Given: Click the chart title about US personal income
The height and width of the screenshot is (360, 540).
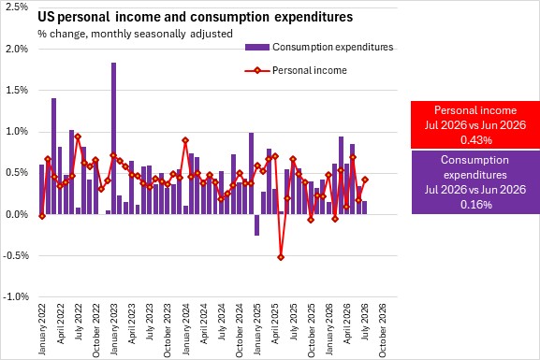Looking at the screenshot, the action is click(196, 17).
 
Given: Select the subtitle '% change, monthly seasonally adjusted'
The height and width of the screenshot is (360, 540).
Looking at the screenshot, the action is click(135, 34).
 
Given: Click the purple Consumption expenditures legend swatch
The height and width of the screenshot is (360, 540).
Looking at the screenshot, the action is click(257, 47).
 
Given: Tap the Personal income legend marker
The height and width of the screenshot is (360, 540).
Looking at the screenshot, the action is click(257, 71).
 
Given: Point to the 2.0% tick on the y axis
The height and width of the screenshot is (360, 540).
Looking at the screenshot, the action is click(17, 49).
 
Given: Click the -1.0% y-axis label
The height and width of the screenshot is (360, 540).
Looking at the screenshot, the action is click(16, 296).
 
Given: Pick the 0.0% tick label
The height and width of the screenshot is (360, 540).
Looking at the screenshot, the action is click(17, 214).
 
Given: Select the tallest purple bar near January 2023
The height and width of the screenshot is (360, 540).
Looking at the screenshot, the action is click(113, 138).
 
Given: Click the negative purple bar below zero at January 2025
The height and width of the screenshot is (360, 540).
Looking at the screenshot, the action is click(257, 224).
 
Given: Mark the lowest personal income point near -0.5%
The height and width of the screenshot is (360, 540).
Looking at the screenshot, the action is click(281, 257).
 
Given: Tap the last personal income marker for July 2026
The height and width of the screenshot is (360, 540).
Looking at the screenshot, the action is click(365, 180).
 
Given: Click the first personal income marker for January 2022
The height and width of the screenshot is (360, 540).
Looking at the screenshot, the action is click(42, 216).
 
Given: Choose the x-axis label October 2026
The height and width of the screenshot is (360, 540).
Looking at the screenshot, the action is click(382, 330).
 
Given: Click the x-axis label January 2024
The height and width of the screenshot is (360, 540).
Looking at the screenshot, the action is click(186, 329).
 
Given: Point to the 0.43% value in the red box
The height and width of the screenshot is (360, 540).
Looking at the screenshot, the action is click(476, 140).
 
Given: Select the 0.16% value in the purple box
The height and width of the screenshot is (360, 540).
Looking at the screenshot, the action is click(476, 205).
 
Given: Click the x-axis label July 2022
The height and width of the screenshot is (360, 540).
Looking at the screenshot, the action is click(79, 322).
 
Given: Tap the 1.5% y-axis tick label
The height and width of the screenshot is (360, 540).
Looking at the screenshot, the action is click(17, 90).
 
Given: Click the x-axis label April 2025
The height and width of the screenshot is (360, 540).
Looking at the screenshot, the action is click(275, 324).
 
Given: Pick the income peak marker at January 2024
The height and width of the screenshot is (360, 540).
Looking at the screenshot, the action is click(185, 140).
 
